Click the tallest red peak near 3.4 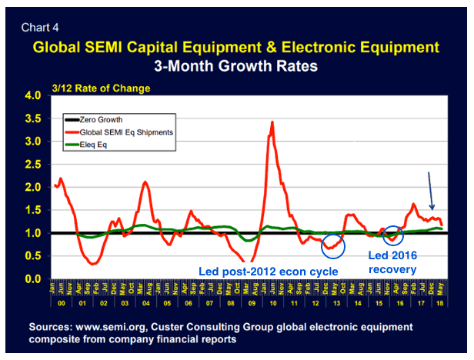272,122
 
